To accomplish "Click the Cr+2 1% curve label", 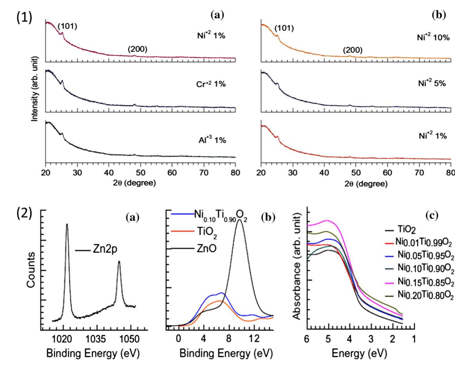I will coord(211,84).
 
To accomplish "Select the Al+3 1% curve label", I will coord(212,140).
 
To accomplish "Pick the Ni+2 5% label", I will coord(432,83).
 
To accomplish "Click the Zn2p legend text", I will coord(105,249).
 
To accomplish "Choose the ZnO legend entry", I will coord(206,248).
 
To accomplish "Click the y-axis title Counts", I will coord(31,270).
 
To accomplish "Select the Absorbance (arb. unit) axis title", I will coord(297,266).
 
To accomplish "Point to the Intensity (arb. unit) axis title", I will coord(35,89).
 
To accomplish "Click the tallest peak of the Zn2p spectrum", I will coord(67,224).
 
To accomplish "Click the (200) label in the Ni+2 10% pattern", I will coord(352,50).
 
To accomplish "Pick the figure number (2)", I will coord(24,214).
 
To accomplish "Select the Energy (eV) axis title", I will coord(359,353).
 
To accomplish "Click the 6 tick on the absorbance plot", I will coord(307,339).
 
